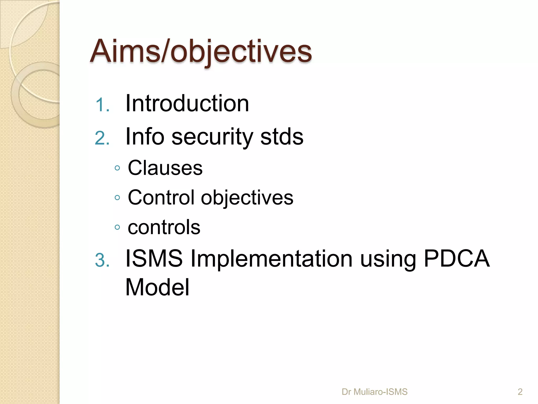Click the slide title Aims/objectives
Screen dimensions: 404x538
201,51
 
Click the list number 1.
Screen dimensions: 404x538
102,105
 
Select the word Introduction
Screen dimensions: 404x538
187,103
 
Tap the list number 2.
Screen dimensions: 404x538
102,138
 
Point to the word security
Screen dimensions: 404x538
212,137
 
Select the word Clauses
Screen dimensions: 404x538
165,168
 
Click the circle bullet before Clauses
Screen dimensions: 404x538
117,168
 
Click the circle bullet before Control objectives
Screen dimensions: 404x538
117,198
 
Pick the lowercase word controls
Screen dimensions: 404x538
164,227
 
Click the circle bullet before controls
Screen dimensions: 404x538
117,227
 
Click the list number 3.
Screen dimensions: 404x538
102,260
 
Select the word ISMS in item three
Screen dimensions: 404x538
154,258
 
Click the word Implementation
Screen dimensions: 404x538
271,259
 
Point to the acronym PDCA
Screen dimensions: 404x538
457,258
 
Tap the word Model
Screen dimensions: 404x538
157,287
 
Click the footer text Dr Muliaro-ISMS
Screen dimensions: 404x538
374,392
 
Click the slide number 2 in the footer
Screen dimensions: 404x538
520,392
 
